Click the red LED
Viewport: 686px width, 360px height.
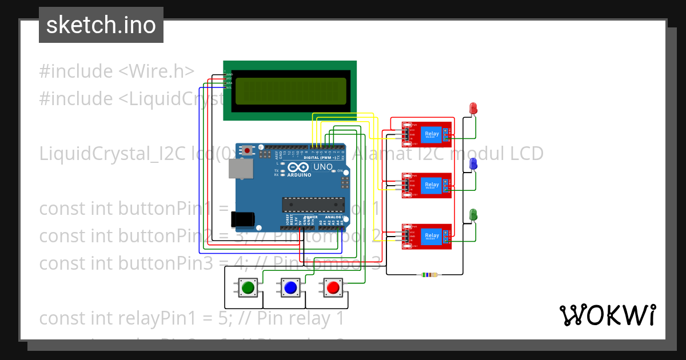pyautogui.click(x=473, y=108)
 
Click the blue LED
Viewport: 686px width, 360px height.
pyautogui.click(x=473, y=164)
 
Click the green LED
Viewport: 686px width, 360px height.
pyautogui.click(x=473, y=215)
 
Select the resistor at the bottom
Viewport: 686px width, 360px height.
pyautogui.click(x=429, y=275)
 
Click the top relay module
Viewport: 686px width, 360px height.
pyautogui.click(x=426, y=135)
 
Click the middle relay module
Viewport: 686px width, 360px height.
pyautogui.click(x=426, y=186)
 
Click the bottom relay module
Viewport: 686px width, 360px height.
pyautogui.click(x=426, y=237)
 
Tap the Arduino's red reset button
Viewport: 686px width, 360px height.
pyautogui.click(x=247, y=151)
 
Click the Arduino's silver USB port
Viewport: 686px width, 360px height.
pyautogui.click(x=238, y=169)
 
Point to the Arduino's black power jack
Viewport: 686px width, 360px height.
pyautogui.click(x=241, y=219)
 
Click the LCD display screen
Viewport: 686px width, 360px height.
pyautogui.click(x=291, y=91)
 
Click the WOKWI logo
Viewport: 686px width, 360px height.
pyautogui.click(x=607, y=315)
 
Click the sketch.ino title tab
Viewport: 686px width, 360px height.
pyautogui.click(x=101, y=25)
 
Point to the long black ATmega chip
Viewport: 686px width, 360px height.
pyautogui.click(x=313, y=204)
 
